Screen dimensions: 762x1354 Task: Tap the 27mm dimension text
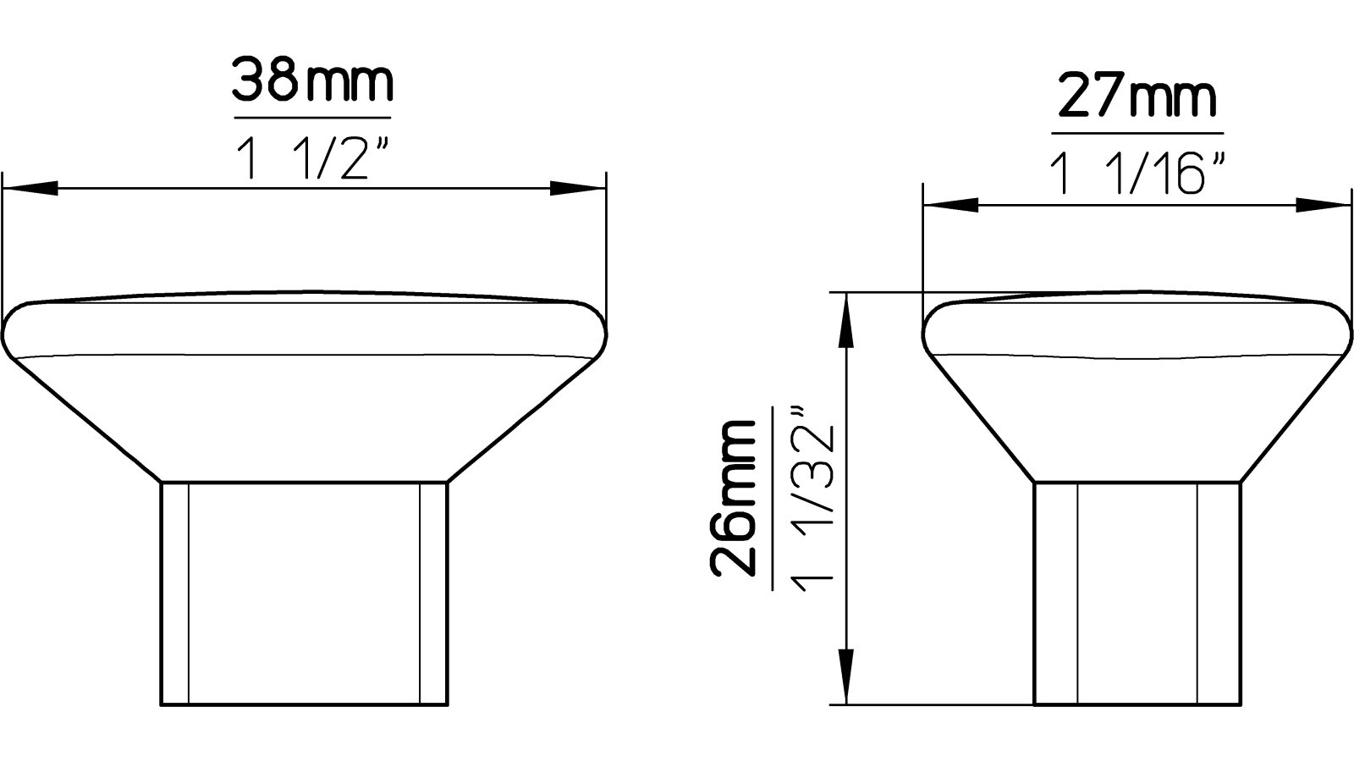[x=1137, y=100]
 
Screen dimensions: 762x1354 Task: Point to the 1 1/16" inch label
[x=1137, y=174]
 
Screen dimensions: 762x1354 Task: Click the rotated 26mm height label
[x=734, y=499]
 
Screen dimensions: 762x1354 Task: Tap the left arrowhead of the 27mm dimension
[x=949, y=205]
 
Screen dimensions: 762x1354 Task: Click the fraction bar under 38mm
[x=312, y=117]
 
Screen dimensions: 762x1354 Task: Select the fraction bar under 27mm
[x=1137, y=134]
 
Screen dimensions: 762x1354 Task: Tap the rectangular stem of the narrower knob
[x=1137, y=593]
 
